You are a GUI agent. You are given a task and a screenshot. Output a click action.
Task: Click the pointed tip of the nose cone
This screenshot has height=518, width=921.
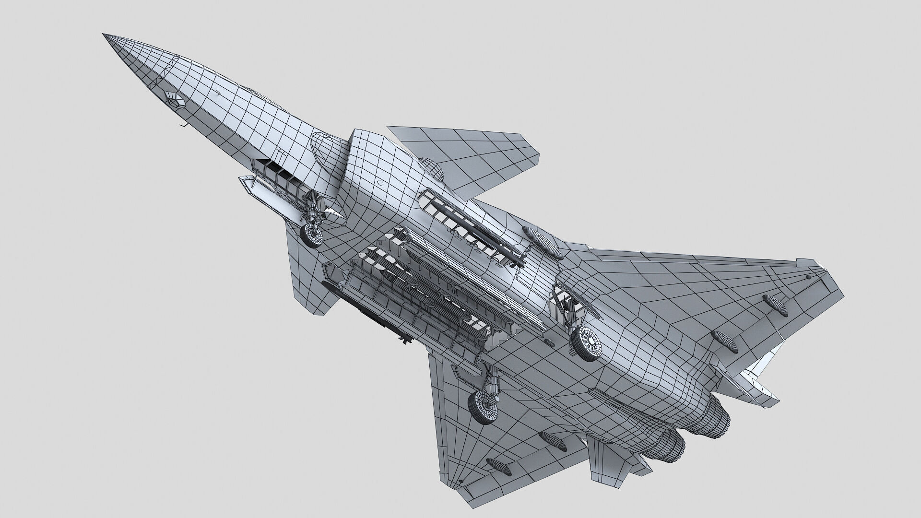[104, 35]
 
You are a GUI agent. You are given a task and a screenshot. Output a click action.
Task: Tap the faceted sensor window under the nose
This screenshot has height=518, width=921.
[174, 98]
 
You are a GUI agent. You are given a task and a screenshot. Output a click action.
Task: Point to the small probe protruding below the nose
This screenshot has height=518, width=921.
[182, 126]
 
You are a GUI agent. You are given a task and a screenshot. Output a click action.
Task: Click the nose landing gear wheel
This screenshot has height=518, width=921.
[312, 235]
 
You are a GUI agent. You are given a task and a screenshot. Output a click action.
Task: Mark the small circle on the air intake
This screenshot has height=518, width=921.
[380, 183]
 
